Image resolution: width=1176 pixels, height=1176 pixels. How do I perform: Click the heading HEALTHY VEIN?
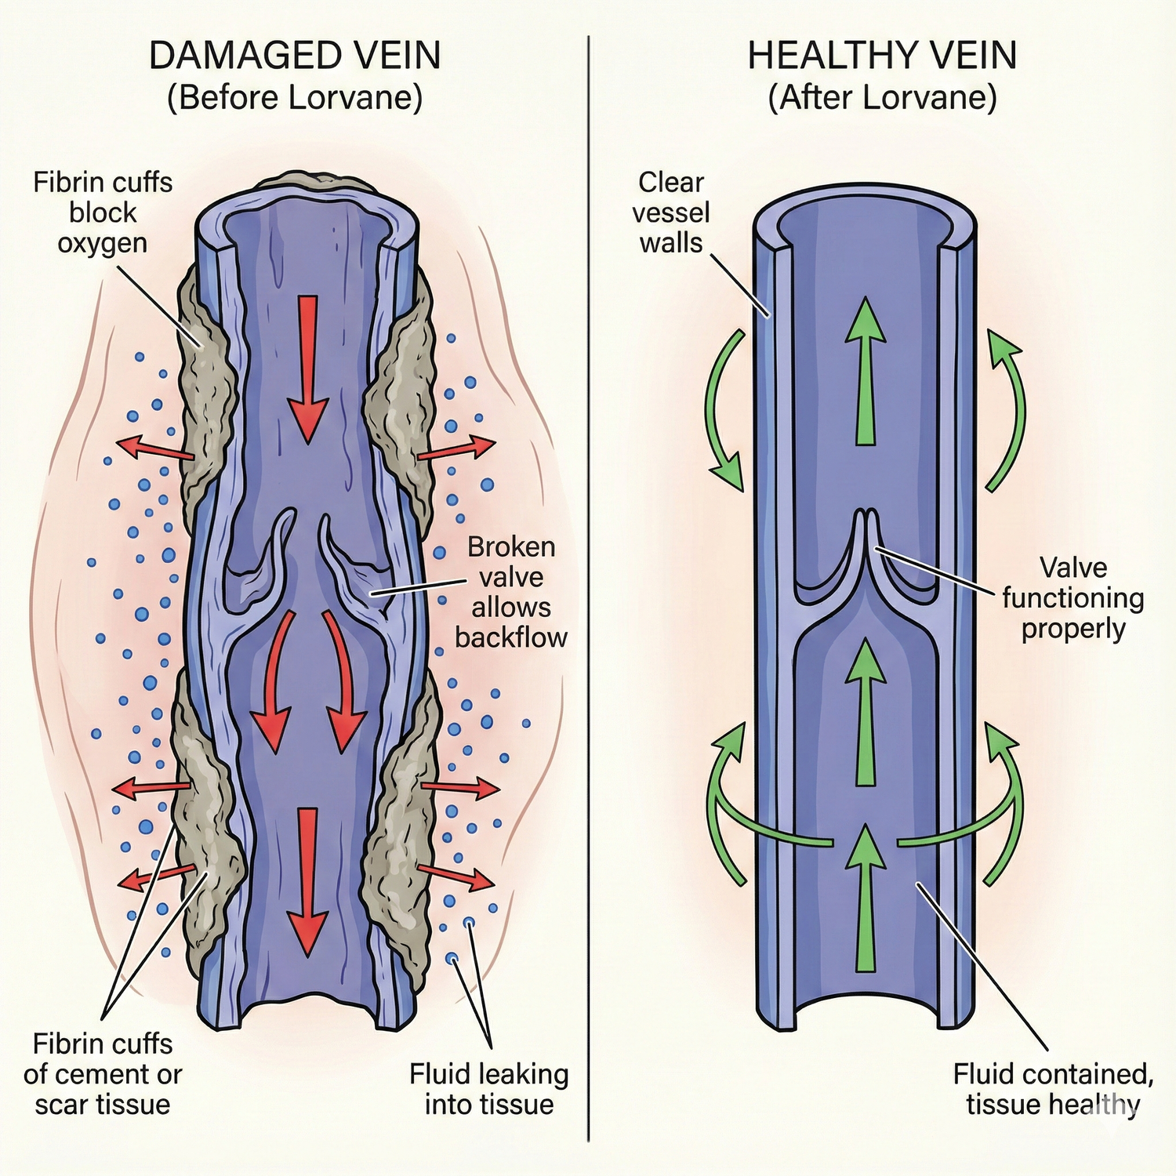(882, 56)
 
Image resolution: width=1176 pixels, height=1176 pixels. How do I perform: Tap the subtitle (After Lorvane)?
(882, 98)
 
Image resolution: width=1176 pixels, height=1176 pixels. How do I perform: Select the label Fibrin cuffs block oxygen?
(103, 212)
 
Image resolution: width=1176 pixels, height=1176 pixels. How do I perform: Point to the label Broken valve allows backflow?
(511, 592)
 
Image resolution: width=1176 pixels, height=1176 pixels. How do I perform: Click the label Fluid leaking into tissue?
(489, 1088)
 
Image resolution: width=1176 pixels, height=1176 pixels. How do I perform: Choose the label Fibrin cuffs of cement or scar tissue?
(103, 1073)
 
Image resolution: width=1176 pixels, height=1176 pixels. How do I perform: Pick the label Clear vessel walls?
(671, 212)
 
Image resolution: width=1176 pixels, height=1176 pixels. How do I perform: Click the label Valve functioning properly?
(1073, 597)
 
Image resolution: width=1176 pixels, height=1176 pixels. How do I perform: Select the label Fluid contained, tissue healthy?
(1053, 1088)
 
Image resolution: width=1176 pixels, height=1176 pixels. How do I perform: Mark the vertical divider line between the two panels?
(588, 588)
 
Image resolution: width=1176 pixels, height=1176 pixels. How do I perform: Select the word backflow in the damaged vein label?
(511, 637)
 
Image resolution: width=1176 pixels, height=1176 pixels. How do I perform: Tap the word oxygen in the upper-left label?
(102, 243)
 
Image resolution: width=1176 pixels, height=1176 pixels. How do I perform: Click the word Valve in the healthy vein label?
(1073, 567)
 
